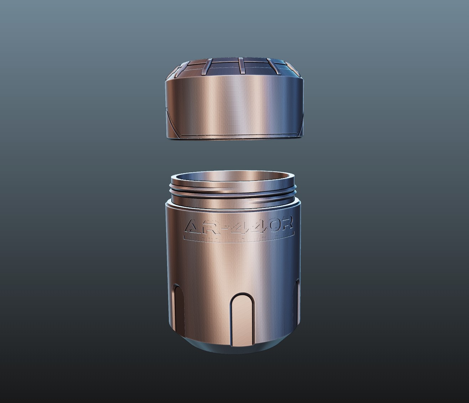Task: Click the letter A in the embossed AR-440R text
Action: point(196,226)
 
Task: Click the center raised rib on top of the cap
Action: point(241,66)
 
